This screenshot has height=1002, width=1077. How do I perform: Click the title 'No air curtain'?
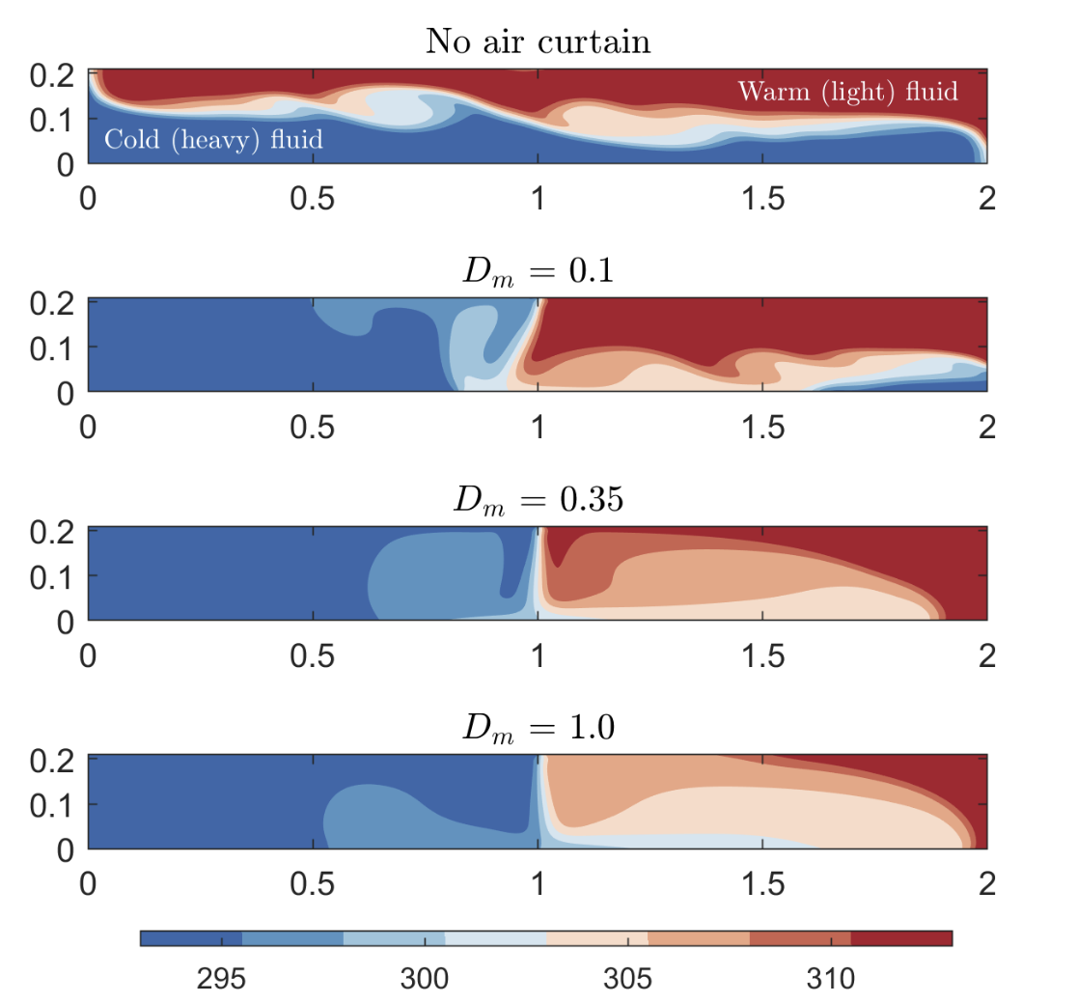pyautogui.click(x=538, y=42)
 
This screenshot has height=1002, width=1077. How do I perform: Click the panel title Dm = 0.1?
pyautogui.click(x=538, y=271)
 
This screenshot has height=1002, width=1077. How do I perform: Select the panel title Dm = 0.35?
pyautogui.click(x=538, y=500)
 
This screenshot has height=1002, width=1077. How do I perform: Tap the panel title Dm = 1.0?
pyautogui.click(x=538, y=729)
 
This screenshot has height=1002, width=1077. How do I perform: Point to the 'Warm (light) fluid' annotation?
pyautogui.click(x=847, y=92)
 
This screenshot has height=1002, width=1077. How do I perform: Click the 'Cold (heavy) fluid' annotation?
pyautogui.click(x=213, y=140)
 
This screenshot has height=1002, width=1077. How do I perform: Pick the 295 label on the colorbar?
pyautogui.click(x=221, y=979)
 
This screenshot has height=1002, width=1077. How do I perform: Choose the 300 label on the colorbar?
pyautogui.click(x=425, y=979)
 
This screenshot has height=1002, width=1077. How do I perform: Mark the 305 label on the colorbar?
pyautogui.click(x=628, y=979)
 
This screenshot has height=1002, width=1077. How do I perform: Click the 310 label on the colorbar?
pyautogui.click(x=831, y=979)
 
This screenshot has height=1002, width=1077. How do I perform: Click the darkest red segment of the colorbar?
pyautogui.click(x=901, y=938)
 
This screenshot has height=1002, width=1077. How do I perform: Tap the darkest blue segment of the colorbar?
pyautogui.click(x=190, y=938)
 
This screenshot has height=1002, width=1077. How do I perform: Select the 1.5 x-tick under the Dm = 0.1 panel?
pyautogui.click(x=762, y=429)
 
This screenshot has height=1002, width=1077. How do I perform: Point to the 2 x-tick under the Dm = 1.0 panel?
pyautogui.click(x=986, y=885)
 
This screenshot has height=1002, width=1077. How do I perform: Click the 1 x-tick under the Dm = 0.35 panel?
pyautogui.click(x=538, y=656)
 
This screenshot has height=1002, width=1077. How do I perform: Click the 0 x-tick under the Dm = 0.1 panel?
pyautogui.click(x=89, y=429)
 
